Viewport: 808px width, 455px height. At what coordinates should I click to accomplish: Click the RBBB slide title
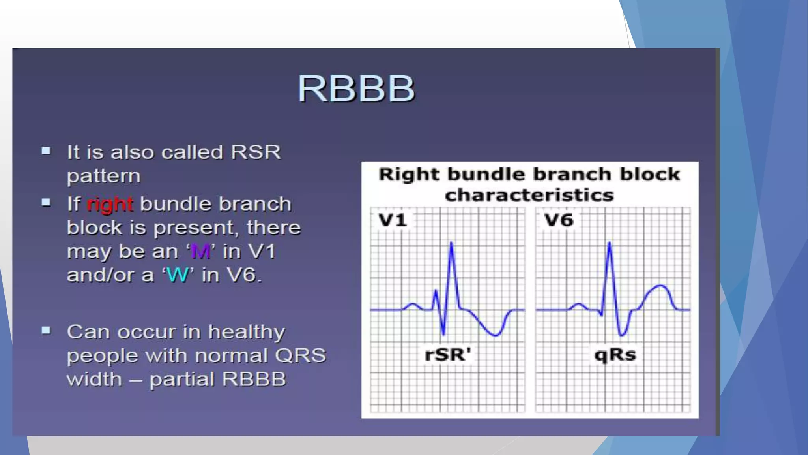pyautogui.click(x=356, y=88)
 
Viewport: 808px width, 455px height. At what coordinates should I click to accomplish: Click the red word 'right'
pyautogui.click(x=110, y=205)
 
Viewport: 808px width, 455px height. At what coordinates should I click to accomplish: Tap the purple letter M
pyautogui.click(x=200, y=251)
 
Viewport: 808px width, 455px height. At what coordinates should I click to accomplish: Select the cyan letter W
pyautogui.click(x=178, y=275)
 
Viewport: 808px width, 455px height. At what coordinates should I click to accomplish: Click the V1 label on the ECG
pyautogui.click(x=392, y=220)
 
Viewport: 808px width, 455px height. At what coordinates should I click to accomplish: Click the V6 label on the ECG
pyautogui.click(x=558, y=220)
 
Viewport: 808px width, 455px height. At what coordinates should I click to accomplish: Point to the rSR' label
pyautogui.click(x=448, y=354)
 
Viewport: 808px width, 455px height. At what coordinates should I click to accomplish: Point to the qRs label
pyautogui.click(x=615, y=354)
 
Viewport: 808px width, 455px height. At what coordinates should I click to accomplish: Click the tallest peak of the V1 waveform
pyautogui.click(x=451, y=243)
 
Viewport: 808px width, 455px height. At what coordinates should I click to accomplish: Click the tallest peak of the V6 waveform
pyautogui.click(x=610, y=243)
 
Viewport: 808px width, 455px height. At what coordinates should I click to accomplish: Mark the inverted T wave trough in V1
pyautogui.click(x=496, y=335)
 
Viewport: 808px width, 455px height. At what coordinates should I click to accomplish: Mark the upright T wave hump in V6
pyautogui.click(x=660, y=286)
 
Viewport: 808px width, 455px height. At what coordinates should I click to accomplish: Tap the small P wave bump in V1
pyautogui.click(x=413, y=304)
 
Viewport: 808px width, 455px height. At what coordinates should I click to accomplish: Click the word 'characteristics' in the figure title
pyautogui.click(x=529, y=195)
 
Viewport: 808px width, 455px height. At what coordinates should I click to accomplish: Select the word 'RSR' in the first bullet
pyautogui.click(x=256, y=152)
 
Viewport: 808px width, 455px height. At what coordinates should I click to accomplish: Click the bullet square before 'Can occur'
pyautogui.click(x=46, y=330)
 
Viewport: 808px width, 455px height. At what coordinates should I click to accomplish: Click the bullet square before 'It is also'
pyautogui.click(x=46, y=150)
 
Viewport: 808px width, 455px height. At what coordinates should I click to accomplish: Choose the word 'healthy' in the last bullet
pyautogui.click(x=247, y=333)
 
